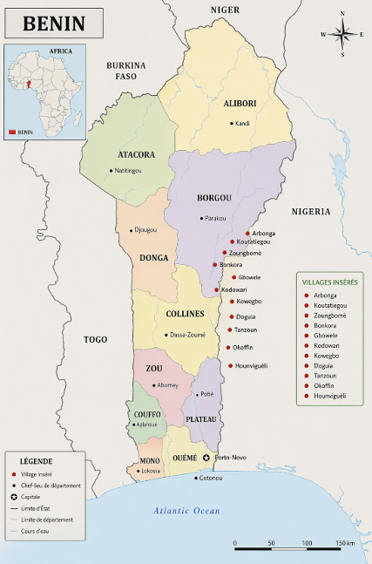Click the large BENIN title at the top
(54, 24)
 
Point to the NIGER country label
(225, 9)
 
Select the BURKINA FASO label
(125, 71)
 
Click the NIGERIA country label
(311, 211)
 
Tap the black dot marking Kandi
(232, 123)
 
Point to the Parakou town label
(215, 218)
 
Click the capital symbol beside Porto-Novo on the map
(206, 458)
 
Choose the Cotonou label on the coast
(211, 478)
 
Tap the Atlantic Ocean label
(186, 511)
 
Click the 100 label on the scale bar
(308, 543)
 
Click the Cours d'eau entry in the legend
(37, 530)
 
